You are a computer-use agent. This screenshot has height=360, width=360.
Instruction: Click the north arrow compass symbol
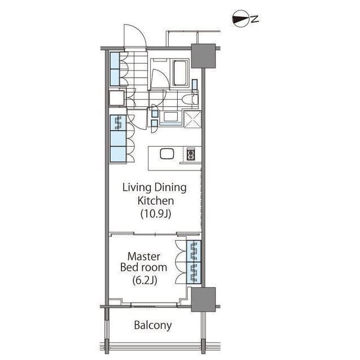[x=241, y=19]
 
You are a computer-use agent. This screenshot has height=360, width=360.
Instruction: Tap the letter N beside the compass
[x=255, y=19]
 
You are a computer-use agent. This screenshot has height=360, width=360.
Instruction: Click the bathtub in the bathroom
[x=180, y=73]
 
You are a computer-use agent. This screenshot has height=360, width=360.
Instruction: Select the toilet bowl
[x=189, y=100]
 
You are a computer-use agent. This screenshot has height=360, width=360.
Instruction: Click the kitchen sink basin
[x=166, y=154]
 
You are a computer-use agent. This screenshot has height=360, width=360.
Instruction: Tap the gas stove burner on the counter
[x=191, y=154]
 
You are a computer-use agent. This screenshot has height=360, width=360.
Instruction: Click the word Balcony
[x=152, y=325]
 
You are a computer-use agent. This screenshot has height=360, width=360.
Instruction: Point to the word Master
[x=144, y=256]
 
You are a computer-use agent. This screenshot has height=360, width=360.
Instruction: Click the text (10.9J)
[x=156, y=214]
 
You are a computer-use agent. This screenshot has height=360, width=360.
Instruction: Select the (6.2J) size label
[x=145, y=280]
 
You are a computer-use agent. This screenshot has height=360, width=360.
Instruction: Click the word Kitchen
[x=156, y=201]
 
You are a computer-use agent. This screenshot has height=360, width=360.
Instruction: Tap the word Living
[x=137, y=188]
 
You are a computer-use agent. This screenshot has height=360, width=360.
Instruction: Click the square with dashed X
[x=192, y=119]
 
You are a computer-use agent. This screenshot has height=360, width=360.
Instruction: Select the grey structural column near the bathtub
[x=203, y=56]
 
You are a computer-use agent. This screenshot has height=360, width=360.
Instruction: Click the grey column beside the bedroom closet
[x=203, y=299]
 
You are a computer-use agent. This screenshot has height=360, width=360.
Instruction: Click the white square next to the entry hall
[x=117, y=98]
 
